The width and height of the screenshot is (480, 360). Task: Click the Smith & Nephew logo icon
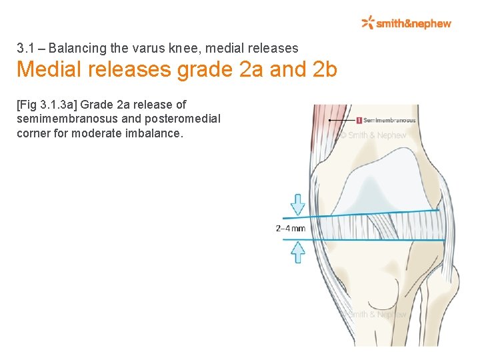368,23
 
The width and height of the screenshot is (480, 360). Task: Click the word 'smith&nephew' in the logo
414,23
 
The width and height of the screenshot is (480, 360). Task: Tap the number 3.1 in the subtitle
25,48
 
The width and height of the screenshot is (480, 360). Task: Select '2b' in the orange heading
325,69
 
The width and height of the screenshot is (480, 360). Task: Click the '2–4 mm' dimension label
291,229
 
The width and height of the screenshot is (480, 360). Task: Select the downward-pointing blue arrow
298,204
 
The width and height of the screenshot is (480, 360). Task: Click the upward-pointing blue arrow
299,252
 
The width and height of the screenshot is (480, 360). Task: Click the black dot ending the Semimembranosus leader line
330,121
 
